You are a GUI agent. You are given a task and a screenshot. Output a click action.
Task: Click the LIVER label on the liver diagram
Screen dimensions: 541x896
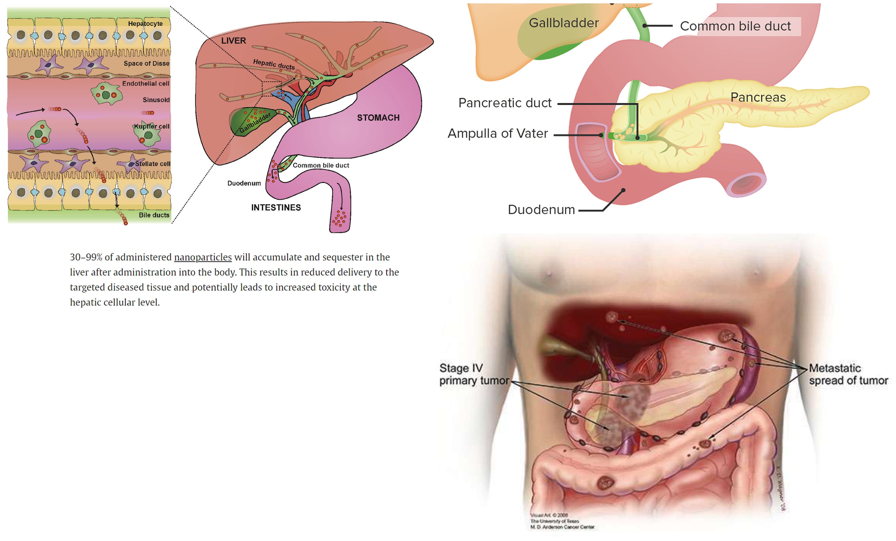[233, 41]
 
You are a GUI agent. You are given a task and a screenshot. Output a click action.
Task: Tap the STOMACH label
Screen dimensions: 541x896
[378, 118]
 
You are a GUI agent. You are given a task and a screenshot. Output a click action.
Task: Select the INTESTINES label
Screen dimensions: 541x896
[276, 208]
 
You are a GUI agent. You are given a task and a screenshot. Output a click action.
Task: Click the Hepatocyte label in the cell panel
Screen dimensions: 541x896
[145, 24]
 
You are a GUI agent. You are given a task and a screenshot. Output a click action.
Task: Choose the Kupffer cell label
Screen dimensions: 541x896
[152, 127]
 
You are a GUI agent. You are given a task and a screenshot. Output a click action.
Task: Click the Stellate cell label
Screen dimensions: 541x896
[152, 164]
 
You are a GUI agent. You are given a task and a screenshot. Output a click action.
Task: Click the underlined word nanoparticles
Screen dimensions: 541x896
[203, 257]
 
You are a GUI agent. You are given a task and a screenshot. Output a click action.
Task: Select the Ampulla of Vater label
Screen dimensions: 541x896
[498, 133]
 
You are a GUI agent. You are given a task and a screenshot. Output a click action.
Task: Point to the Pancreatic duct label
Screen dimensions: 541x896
[505, 103]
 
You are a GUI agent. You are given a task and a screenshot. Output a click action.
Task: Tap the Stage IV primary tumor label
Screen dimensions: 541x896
[473, 374]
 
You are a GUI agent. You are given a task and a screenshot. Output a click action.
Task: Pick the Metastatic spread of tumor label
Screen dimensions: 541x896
[848, 374]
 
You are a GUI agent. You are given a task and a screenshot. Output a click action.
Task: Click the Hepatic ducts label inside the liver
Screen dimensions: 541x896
[274, 64]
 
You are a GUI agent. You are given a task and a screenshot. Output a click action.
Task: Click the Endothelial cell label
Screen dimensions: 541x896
[146, 84]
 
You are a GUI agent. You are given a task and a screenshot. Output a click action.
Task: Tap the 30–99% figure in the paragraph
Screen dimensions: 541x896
[86, 257]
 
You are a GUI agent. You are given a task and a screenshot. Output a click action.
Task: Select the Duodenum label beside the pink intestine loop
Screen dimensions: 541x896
[244, 183]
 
